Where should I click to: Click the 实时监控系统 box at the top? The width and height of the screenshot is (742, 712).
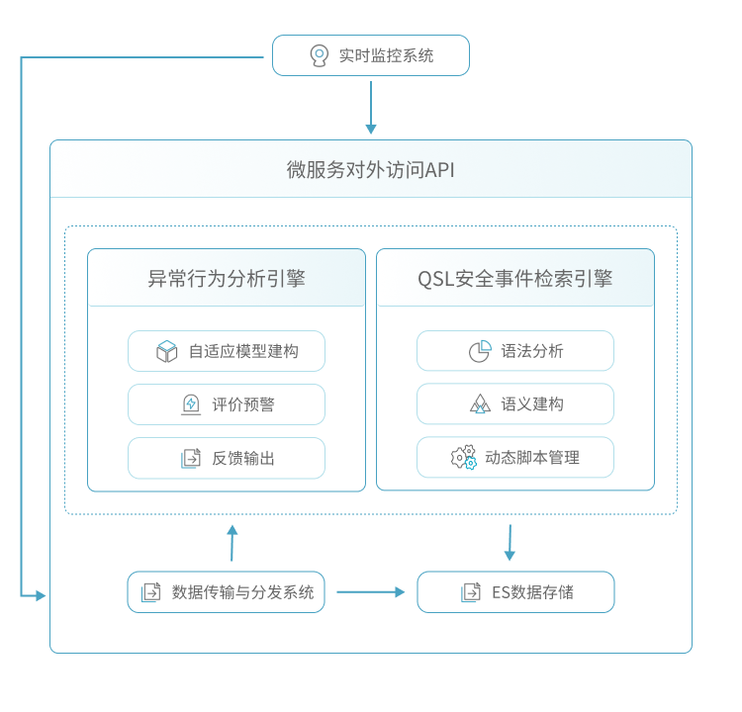click(x=371, y=55)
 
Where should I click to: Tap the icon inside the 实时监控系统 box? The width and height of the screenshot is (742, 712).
click(x=319, y=55)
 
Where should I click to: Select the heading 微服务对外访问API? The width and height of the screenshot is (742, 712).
click(x=371, y=169)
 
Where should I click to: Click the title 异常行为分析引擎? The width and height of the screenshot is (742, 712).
click(x=227, y=278)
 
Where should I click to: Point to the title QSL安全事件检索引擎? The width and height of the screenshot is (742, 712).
click(x=514, y=278)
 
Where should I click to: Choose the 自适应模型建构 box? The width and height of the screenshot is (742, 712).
click(x=227, y=351)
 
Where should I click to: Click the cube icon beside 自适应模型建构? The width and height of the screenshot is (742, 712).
click(x=167, y=351)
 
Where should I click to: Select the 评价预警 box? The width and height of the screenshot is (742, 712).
click(x=227, y=404)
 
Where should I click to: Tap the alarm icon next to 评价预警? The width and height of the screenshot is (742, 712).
click(x=191, y=404)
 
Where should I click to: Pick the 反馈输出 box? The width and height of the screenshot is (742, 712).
click(x=227, y=458)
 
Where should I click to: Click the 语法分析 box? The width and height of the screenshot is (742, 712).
click(x=514, y=351)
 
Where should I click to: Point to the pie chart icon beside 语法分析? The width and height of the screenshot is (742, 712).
click(x=480, y=351)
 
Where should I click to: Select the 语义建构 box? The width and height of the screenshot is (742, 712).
click(x=514, y=404)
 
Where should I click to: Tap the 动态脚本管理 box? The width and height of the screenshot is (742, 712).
click(x=514, y=458)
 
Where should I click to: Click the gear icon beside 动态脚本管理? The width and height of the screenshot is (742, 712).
click(x=463, y=457)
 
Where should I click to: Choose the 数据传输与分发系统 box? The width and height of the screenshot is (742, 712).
click(x=226, y=592)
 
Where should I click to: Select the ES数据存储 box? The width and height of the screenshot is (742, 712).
click(x=515, y=592)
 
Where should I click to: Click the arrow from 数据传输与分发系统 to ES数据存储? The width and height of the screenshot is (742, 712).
click(x=370, y=592)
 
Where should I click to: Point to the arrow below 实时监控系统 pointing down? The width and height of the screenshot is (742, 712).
click(x=371, y=107)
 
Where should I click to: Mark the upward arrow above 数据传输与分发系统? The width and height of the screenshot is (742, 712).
click(x=232, y=543)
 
